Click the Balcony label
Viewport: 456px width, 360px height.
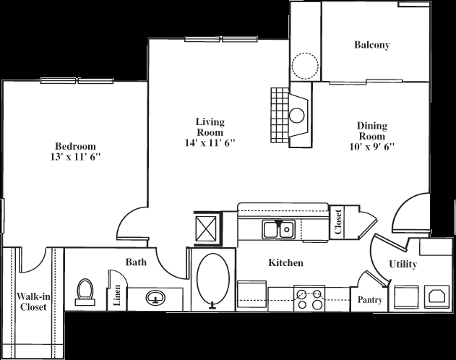[x=372, y=45]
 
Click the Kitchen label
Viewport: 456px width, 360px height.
[x=285, y=263]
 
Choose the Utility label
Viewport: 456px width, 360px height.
[x=403, y=265]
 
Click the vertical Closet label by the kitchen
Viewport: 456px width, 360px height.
[x=338, y=222]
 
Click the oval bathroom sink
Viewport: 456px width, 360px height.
[x=155, y=297]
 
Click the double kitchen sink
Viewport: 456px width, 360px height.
[x=278, y=230]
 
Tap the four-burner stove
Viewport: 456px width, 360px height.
[x=309, y=299]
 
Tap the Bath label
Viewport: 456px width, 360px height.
[x=136, y=262]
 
